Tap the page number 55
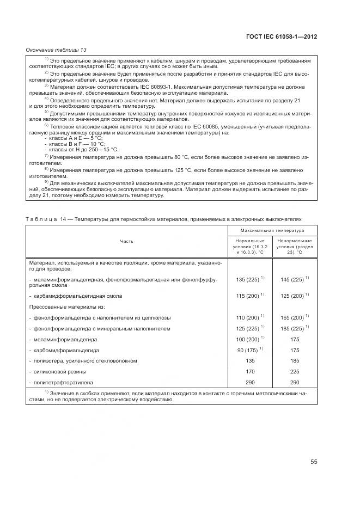click(314, 462)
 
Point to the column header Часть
click(127, 241)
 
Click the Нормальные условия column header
click(250, 247)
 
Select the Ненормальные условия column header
click(294, 247)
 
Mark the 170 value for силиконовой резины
click(250, 372)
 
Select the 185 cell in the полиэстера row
click(295, 361)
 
